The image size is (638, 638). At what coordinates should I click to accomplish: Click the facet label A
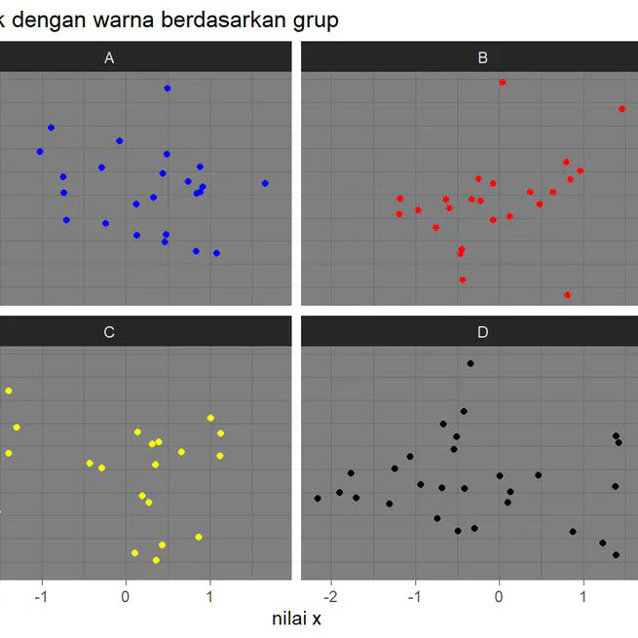pos(109,58)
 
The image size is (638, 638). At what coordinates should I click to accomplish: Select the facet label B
pos(483,58)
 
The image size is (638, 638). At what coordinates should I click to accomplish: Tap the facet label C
pos(109,332)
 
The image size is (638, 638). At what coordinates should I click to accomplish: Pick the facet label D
pos(483,332)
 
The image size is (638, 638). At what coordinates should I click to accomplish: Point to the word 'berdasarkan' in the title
pos(196,19)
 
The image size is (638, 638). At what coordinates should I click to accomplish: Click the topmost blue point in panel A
pos(168,89)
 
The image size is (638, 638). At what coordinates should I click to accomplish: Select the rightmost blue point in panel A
pos(265,183)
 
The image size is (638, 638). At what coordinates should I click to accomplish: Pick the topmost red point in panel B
pos(502,83)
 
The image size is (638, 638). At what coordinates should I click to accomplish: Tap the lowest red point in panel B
pos(567,294)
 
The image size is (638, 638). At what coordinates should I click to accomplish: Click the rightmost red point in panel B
pos(621,109)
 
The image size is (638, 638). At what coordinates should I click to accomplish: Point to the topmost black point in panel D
pos(470,363)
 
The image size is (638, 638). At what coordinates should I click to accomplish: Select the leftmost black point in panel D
pos(318,498)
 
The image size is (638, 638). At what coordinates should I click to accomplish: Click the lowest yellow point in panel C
pos(156,560)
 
